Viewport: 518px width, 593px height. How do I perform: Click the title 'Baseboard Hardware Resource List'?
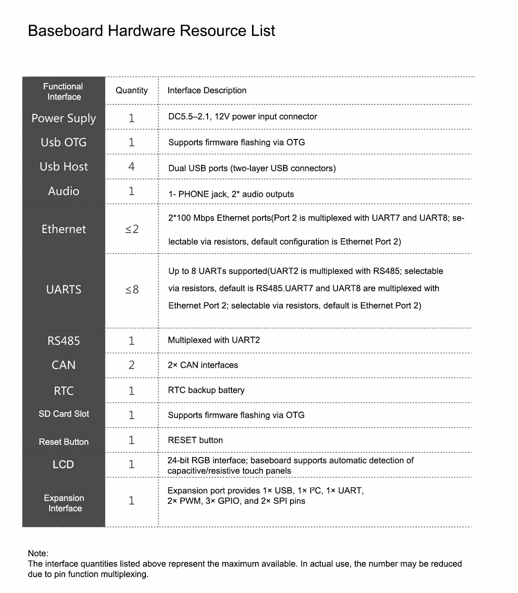point(151,31)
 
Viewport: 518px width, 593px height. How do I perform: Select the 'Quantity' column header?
point(132,90)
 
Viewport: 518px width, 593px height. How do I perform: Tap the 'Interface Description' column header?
point(207,90)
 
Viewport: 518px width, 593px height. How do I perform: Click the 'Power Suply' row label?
point(63,118)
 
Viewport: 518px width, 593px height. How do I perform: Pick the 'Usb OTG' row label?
point(63,142)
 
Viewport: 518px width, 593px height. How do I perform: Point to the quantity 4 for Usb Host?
point(132,167)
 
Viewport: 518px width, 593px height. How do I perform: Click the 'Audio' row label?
point(63,191)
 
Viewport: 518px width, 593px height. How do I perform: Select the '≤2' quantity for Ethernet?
point(132,229)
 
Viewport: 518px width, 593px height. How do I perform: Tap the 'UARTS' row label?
point(63,290)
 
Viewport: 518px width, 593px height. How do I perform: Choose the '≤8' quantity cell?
point(132,290)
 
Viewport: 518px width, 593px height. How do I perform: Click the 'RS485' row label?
point(63,341)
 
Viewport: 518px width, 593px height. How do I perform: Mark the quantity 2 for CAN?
point(132,365)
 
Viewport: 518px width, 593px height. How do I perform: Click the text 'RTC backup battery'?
point(206,390)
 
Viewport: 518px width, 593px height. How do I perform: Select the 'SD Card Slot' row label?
point(63,414)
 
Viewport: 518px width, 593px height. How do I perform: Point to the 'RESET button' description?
point(195,440)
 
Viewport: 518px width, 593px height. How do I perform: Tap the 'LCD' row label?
point(63,464)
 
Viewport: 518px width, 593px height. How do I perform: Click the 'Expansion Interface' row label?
point(64,503)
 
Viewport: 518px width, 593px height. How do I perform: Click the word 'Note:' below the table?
point(38,553)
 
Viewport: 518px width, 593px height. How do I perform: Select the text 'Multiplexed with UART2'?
point(214,340)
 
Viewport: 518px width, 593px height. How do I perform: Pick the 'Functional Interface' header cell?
point(63,91)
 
